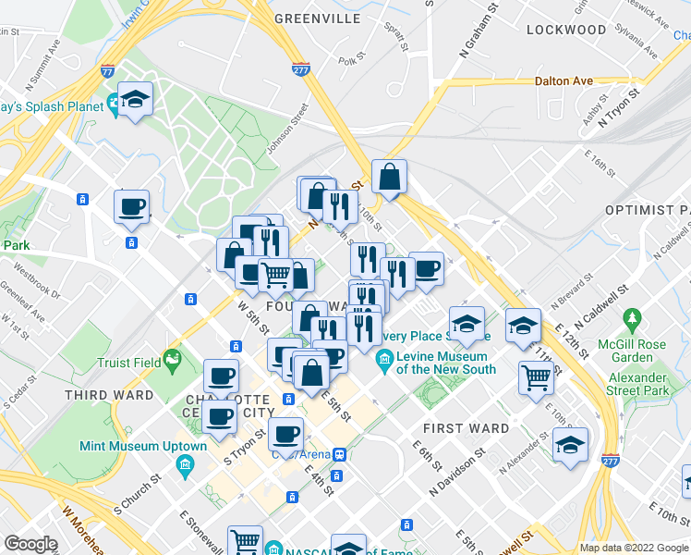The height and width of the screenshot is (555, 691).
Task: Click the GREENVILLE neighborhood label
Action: [317, 18]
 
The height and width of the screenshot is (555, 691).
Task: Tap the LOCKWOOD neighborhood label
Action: [566, 30]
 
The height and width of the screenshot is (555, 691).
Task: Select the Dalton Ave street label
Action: [564, 81]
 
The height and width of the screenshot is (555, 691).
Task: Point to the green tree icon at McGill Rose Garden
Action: [632, 321]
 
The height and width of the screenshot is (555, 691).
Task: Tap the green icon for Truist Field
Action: [171, 358]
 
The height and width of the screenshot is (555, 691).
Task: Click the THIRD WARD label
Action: [107, 395]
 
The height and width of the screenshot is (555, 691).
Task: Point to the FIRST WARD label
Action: [466, 428]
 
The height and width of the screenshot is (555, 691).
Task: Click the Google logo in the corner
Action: [31, 543]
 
